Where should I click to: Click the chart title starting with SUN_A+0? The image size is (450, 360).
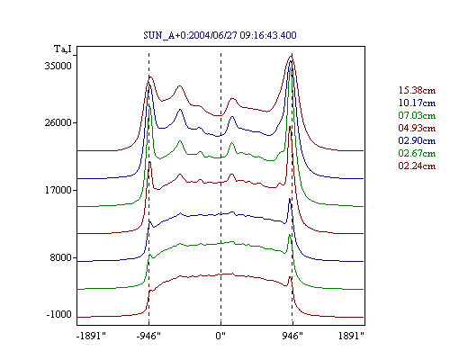[x=220, y=35]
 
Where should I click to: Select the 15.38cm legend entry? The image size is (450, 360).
[x=417, y=90]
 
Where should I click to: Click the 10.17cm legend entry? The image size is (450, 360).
[x=417, y=103]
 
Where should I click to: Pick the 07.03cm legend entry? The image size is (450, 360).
[x=417, y=115]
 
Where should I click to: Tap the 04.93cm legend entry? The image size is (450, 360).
[x=417, y=128]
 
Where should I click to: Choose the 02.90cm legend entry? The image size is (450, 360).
[x=417, y=140]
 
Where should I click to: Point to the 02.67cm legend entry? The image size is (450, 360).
[x=417, y=153]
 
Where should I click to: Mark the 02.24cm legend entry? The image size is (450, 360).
[x=417, y=166]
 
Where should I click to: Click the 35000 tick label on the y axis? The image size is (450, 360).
[x=58, y=66]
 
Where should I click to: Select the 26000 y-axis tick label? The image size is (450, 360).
[x=58, y=122]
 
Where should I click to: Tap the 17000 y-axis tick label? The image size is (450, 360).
[x=58, y=190]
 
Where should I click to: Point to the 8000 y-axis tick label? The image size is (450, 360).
[x=61, y=257]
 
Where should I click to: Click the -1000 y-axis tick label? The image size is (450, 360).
[x=59, y=314]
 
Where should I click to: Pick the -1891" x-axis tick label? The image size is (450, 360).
[x=92, y=336]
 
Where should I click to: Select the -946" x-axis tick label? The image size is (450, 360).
[x=148, y=336]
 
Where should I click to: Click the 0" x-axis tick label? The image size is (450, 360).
[x=220, y=336]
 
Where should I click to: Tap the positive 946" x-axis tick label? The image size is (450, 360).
[x=292, y=336]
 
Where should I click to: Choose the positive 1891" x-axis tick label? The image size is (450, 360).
[x=351, y=336]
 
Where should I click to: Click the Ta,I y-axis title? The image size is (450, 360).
[x=63, y=49]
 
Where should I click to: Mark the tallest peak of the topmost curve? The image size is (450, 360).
[x=291, y=56]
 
